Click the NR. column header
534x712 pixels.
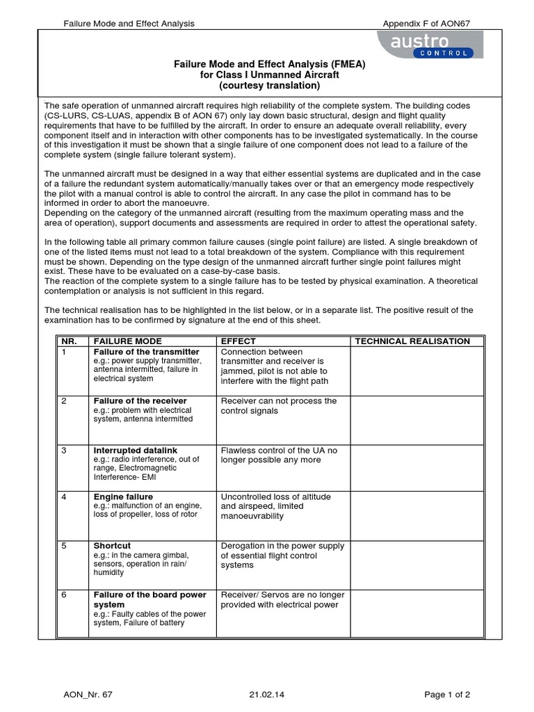72,341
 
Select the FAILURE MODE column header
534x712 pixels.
128,341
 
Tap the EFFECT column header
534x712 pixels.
238,341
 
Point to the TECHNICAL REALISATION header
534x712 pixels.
412,341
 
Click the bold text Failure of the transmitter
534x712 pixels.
146,352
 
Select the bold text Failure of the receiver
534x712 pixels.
140,401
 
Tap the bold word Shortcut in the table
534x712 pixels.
112,546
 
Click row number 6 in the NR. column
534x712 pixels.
64,595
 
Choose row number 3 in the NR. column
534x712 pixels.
64,451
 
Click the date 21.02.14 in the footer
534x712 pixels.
266,694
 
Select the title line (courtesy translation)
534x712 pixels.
270,86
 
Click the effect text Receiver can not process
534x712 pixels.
278,401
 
